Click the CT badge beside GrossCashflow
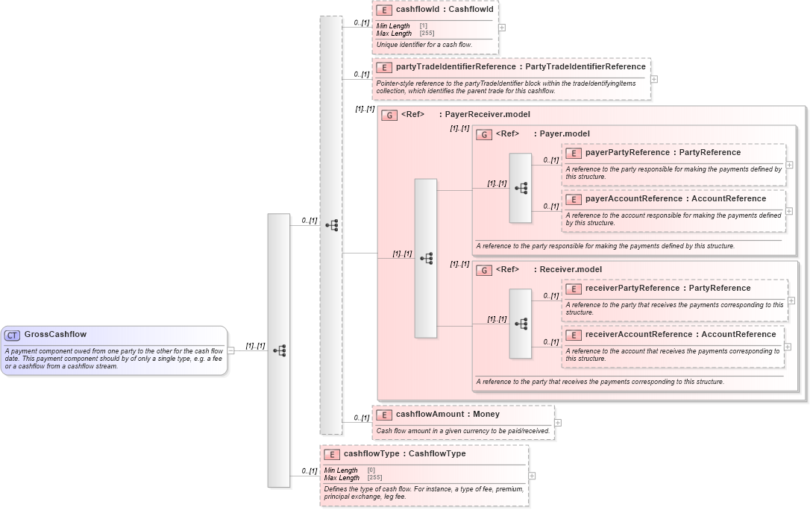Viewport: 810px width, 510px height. click(x=13, y=335)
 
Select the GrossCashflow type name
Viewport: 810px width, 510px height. click(x=55, y=335)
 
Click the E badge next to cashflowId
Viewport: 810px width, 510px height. click(x=384, y=10)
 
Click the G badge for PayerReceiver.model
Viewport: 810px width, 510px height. click(x=389, y=115)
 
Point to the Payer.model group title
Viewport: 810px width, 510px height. click(x=565, y=134)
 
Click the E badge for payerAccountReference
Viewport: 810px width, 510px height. click(x=573, y=199)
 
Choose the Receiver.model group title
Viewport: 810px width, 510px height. click(x=571, y=270)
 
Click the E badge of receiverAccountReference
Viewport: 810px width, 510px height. click(x=573, y=335)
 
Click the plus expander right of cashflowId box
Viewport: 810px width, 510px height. click(x=502, y=28)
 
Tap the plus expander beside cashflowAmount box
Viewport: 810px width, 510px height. click(x=558, y=423)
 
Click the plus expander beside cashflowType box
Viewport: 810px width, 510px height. click(x=532, y=476)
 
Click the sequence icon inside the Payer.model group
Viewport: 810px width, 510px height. click(x=521, y=188)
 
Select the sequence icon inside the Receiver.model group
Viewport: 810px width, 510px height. click(x=521, y=324)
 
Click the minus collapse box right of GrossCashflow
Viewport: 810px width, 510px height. click(x=231, y=350)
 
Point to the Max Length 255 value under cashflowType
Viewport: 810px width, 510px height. click(x=374, y=478)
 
